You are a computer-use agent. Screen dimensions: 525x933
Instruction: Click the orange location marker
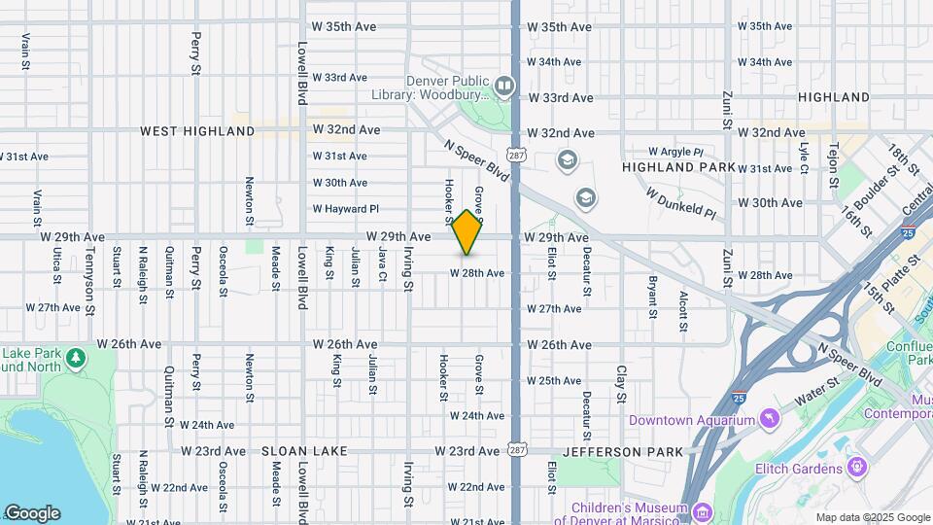pyautogui.click(x=467, y=232)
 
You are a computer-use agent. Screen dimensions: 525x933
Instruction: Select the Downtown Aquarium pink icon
pyautogui.click(x=770, y=420)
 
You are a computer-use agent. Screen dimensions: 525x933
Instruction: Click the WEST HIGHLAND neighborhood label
pyautogui.click(x=197, y=130)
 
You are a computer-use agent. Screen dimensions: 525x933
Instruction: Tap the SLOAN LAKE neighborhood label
pyautogui.click(x=297, y=452)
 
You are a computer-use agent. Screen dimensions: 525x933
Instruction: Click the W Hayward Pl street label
pyautogui.click(x=345, y=209)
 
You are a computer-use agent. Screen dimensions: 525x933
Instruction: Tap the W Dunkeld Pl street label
pyautogui.click(x=681, y=200)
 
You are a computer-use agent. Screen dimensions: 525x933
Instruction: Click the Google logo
pyautogui.click(x=32, y=512)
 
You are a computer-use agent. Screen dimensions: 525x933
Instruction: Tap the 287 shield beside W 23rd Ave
pyautogui.click(x=516, y=450)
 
